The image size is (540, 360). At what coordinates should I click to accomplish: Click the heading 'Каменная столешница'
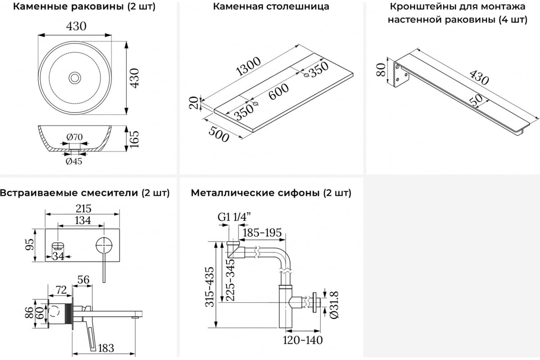point(271,7)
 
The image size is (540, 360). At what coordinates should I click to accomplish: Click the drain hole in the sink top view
point(75,78)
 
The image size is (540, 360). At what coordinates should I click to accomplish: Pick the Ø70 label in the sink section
point(74,136)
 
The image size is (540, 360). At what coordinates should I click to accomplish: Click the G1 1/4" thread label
point(234,217)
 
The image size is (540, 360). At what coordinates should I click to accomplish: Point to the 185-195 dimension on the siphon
point(262,233)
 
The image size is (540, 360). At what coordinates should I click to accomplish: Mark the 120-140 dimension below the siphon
point(303,340)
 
